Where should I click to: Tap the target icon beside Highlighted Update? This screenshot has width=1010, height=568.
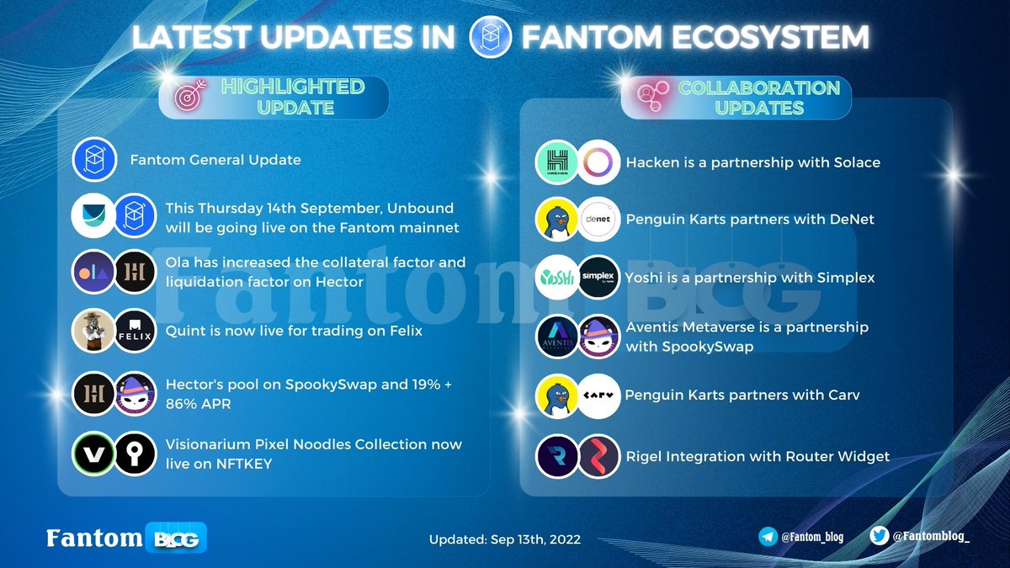point(189,97)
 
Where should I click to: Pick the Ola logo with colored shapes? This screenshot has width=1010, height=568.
point(93,272)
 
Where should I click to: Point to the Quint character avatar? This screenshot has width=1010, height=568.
point(93,332)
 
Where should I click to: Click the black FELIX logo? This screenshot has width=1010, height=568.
point(135,332)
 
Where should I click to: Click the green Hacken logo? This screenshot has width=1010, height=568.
point(557,162)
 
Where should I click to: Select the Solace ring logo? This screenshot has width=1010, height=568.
point(599,162)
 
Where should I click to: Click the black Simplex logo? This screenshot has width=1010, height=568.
point(599,278)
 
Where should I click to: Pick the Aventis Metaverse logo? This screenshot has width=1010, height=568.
point(557,337)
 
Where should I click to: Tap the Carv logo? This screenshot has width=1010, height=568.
point(599,395)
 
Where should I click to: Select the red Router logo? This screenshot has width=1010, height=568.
point(599,455)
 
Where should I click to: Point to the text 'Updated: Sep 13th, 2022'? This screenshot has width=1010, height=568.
point(504,539)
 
